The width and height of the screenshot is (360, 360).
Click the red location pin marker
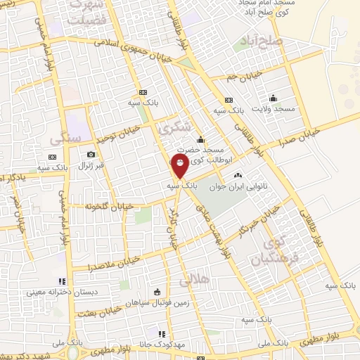181,166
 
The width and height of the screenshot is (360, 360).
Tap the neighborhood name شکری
174,127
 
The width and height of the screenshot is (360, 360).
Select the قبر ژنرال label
90,166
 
